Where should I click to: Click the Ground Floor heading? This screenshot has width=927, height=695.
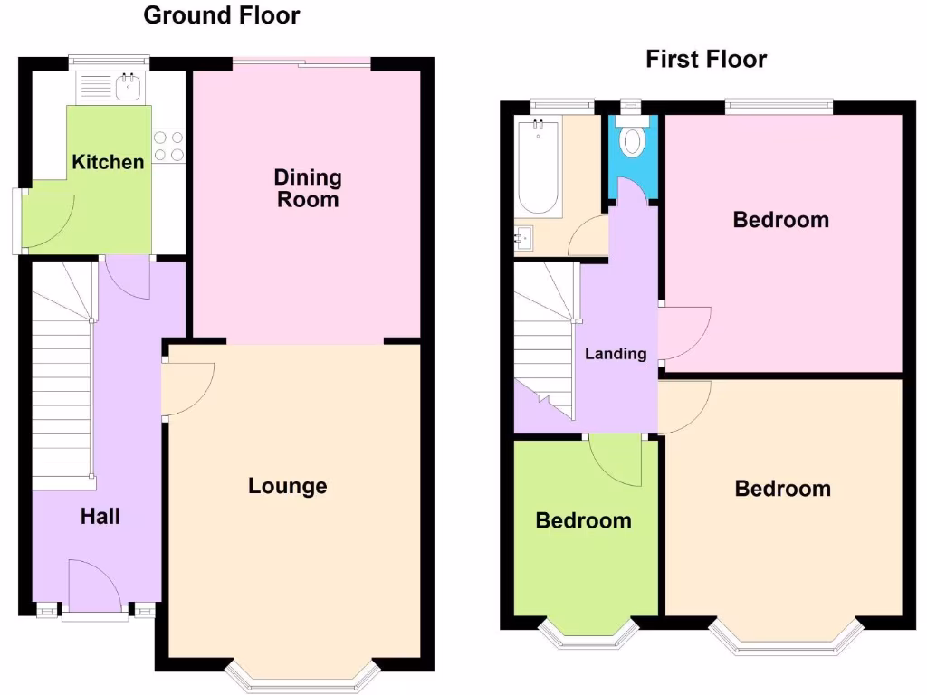coord(222,15)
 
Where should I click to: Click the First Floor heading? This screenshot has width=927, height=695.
coord(706,60)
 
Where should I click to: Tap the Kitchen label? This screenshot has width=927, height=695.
coord(108,162)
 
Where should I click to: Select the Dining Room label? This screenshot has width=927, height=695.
coord(308,188)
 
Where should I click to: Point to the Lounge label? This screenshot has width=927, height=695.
coord(288,486)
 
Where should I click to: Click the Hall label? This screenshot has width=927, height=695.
coord(100,517)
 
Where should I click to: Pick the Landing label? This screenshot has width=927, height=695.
coord(616,354)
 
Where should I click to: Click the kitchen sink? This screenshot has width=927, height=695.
coord(127,88)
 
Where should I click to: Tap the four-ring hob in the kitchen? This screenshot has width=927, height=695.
coord(169,146)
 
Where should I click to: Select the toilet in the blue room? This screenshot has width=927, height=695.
coord(633,140)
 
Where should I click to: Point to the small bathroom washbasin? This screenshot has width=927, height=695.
coord(526,239)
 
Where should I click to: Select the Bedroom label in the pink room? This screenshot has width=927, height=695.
coord(781,220)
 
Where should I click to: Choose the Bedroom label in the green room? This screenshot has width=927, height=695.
coord(583,520)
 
